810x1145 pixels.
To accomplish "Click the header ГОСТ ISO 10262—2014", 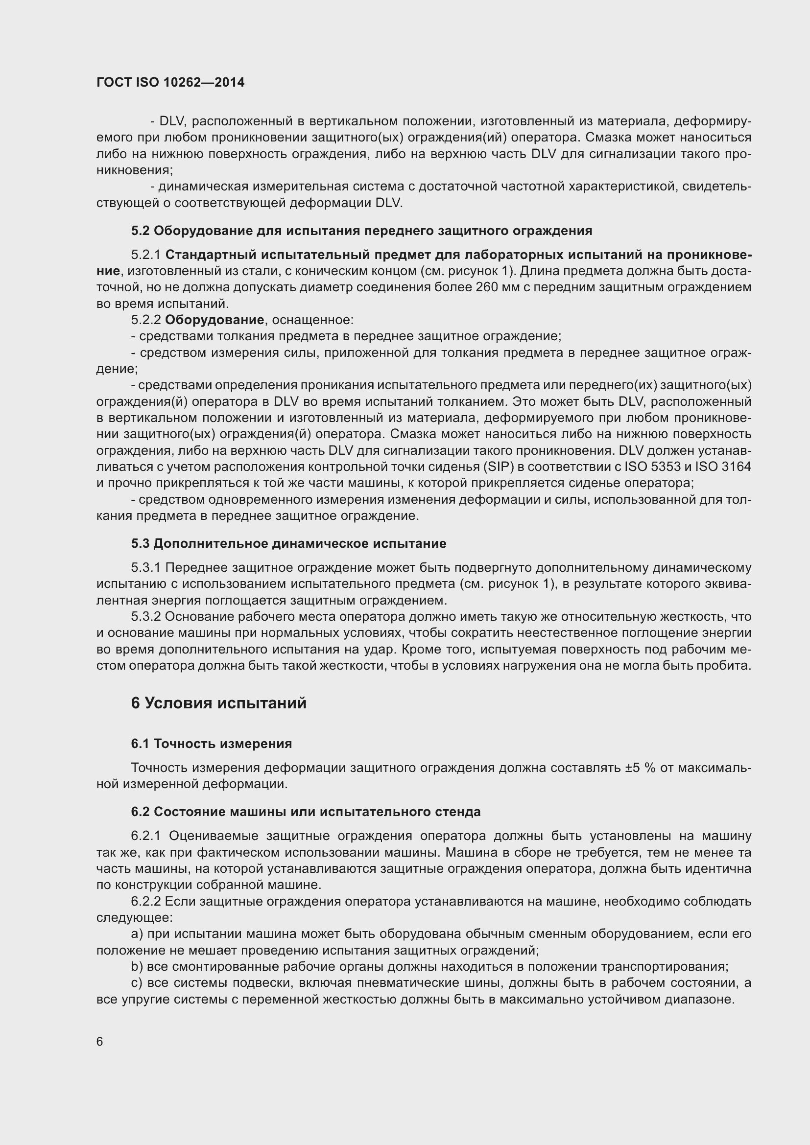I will coord(170,82).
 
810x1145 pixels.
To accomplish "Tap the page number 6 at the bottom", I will coord(100,1042).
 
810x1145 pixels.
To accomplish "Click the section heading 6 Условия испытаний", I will coord(218,703).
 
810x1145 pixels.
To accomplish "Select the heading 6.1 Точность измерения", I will coord(212,744).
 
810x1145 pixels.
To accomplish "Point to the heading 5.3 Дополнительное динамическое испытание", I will coord(288,543).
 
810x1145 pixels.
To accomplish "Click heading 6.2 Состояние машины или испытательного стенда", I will coord(306,812).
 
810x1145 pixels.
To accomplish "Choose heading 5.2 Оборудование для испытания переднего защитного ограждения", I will coord(361,231).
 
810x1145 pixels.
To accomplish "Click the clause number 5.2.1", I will coord(145,255).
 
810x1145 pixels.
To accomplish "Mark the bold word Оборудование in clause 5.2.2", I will coord(214,320).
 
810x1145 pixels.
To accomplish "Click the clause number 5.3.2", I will coord(145,617).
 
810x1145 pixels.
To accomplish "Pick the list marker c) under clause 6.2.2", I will coord(137,983).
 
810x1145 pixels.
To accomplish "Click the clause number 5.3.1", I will coord(145,568).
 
